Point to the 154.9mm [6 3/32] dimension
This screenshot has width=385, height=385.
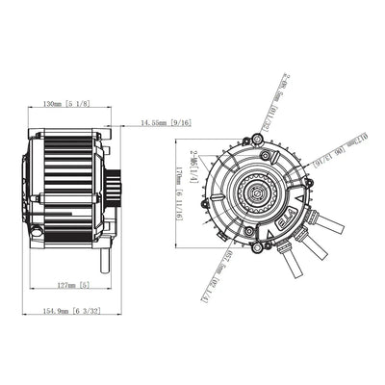(70, 310)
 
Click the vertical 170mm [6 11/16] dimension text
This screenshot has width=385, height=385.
(180, 192)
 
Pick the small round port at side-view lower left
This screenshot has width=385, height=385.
(37, 231)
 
